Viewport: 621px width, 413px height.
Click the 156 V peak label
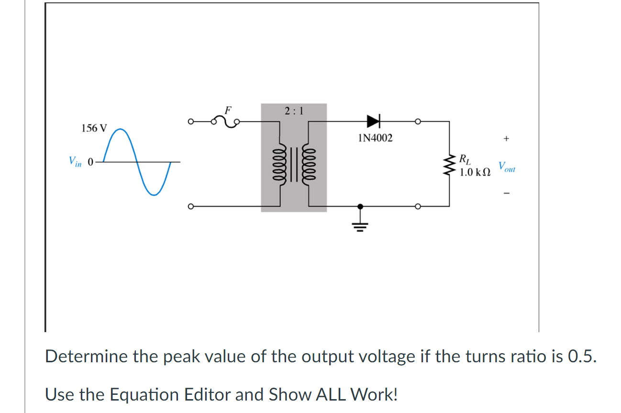[x=94, y=128]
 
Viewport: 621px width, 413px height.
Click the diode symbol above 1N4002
[x=373, y=121]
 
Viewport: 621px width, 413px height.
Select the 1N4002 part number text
[x=375, y=138]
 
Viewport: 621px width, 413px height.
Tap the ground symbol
[x=360, y=225]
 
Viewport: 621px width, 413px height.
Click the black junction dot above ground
[x=360, y=206]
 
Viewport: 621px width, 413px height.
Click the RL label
[x=465, y=158]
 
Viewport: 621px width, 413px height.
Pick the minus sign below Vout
[x=507, y=194]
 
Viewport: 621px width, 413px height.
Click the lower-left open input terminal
[x=190, y=207]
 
